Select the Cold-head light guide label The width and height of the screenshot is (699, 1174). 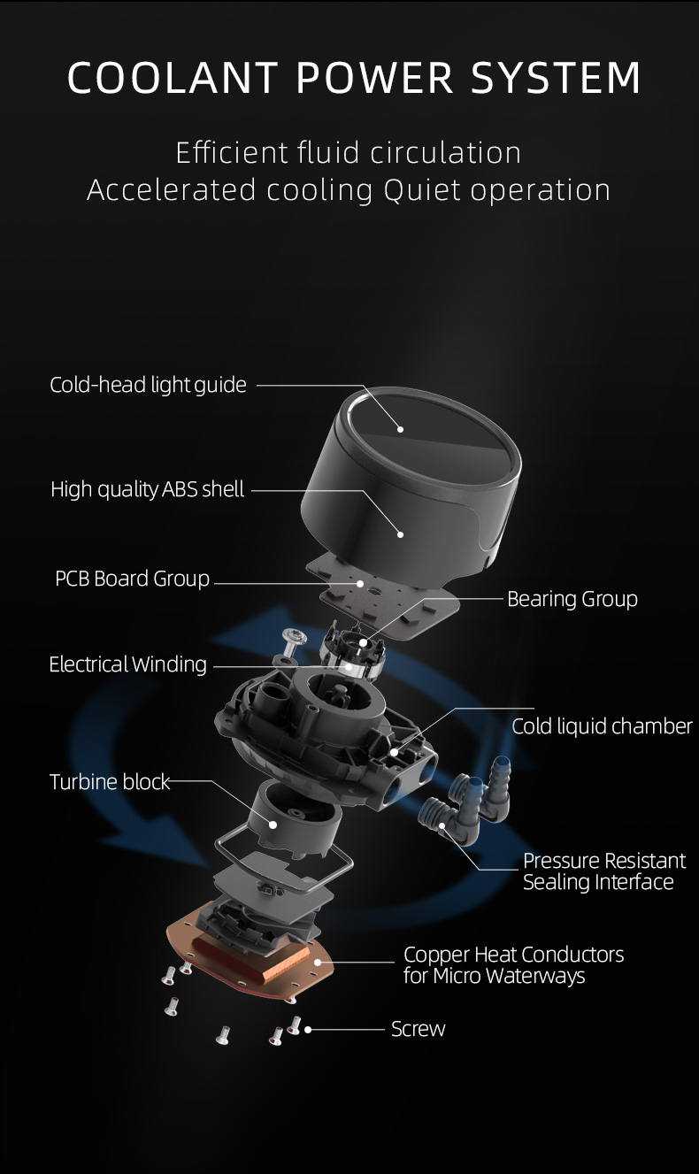point(148,385)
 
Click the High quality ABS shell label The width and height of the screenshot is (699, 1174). point(147,489)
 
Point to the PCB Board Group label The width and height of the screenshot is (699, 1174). point(132,579)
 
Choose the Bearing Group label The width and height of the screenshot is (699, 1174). point(572,599)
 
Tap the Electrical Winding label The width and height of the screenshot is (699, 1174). point(127,664)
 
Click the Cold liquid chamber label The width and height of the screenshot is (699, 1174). point(602,726)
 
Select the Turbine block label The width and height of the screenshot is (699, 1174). point(109,782)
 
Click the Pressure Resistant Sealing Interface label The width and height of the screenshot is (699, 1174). point(603,871)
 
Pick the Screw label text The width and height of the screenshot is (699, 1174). point(418,1029)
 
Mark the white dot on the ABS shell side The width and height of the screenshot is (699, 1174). point(400,534)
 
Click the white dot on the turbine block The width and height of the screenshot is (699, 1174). point(273,825)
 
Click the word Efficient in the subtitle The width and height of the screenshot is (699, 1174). point(230,152)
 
